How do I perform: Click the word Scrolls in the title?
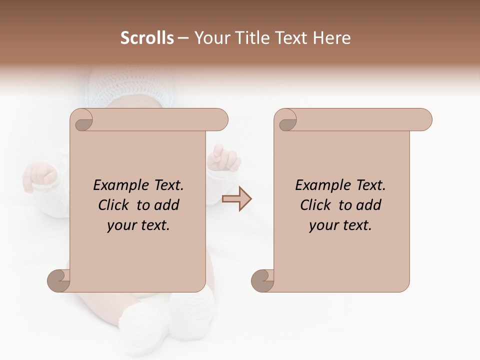point(147,38)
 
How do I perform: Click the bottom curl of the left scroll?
point(59,280)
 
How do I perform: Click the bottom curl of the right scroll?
point(263,280)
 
